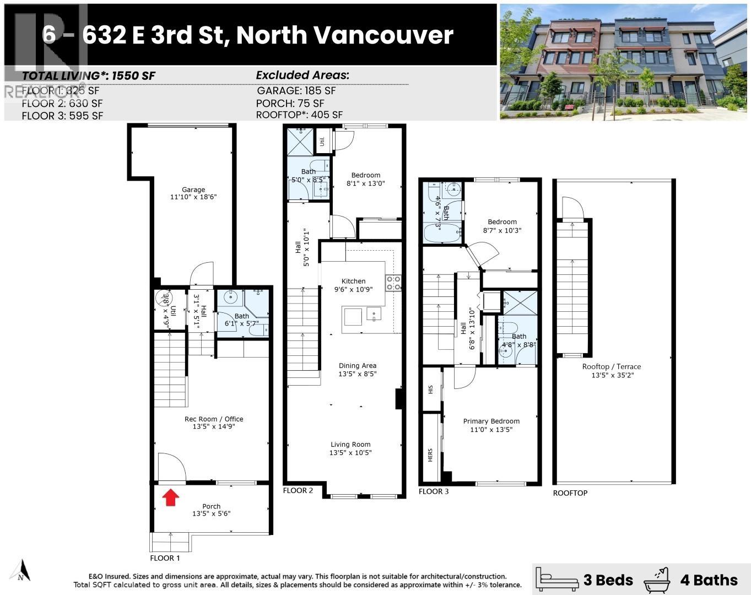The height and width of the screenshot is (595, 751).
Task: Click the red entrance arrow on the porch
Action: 171,497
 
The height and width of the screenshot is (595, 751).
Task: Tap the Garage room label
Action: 193,190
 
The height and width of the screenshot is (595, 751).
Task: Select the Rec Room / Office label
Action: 214,419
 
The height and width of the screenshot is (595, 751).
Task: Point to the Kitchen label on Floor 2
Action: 353,281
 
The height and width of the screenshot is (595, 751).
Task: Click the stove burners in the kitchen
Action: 393,283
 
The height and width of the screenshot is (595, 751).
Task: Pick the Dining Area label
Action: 358,366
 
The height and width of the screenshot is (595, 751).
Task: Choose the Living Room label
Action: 350,445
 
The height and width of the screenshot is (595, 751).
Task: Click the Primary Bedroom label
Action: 491,421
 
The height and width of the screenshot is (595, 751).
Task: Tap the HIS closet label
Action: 430,389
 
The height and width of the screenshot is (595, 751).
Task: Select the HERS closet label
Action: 430,455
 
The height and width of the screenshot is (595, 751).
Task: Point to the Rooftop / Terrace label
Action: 612,367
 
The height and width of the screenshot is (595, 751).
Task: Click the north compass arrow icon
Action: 21,570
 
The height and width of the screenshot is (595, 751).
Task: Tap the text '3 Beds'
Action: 608,580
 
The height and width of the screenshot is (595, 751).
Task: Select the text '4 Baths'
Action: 709,580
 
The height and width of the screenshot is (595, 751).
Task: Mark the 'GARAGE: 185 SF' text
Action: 296,91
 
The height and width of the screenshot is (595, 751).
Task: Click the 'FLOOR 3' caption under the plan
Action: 434,491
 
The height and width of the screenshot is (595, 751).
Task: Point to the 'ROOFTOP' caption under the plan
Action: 570,493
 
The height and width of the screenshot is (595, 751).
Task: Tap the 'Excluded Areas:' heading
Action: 302,75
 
